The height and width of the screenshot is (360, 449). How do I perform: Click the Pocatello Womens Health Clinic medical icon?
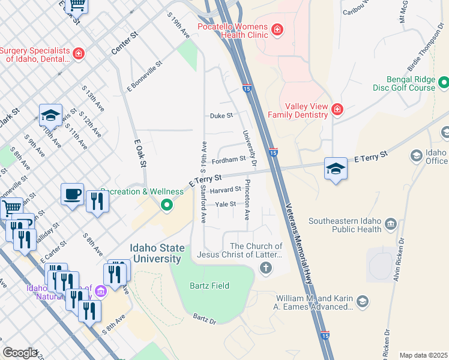[277, 29]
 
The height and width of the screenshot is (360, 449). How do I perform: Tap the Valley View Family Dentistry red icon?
[337, 109]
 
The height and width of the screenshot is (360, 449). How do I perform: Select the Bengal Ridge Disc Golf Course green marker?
[444, 82]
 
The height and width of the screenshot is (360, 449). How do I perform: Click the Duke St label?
[221, 116]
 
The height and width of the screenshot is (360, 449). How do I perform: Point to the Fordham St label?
[229, 160]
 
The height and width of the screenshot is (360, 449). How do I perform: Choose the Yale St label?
[226, 204]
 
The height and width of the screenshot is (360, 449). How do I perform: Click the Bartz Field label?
[209, 286]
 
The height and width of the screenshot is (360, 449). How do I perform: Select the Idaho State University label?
[155, 254]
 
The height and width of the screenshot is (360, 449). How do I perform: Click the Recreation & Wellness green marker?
[167, 206]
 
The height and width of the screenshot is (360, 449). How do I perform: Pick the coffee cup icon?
[72, 194]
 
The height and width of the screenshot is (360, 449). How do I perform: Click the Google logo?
[20, 353]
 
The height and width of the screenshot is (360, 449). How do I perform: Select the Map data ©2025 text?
[423, 355]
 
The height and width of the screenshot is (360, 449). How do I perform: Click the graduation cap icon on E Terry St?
[336, 169]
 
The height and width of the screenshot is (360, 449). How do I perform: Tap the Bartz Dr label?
[204, 319]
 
